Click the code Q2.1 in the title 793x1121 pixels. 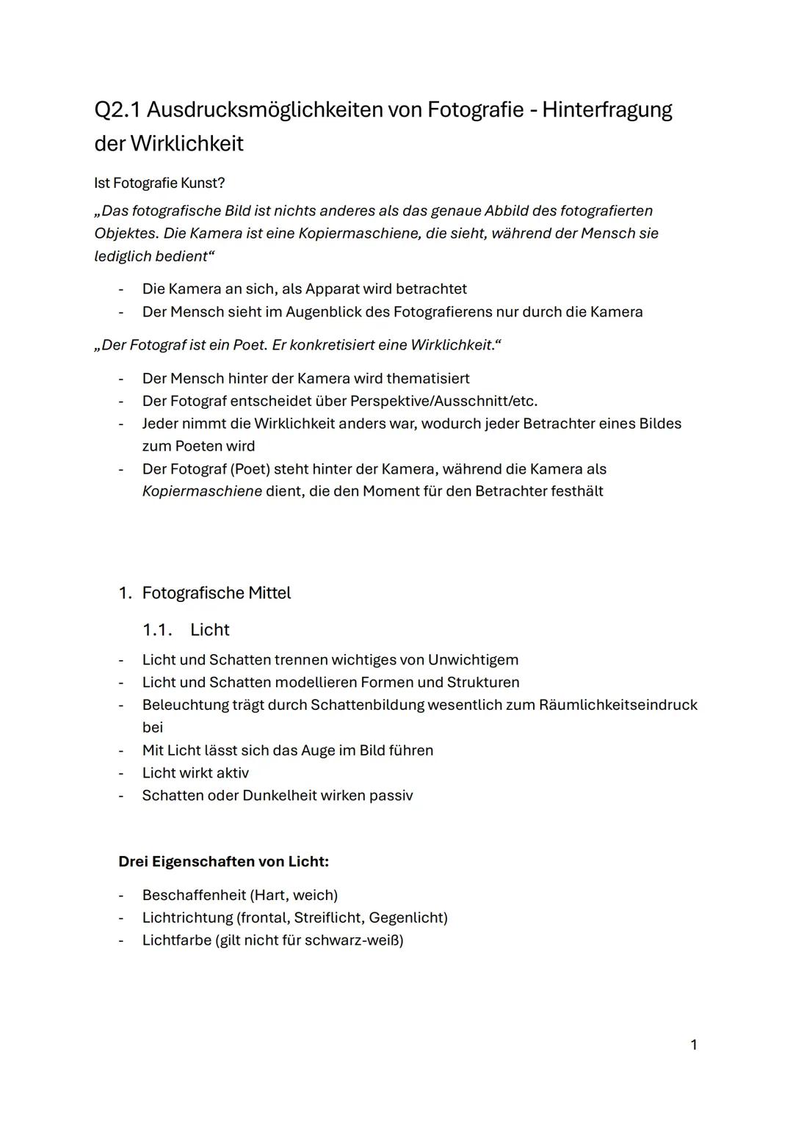(117, 110)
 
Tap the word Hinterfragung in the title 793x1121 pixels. (606, 110)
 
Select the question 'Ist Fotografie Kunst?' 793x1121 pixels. (159, 183)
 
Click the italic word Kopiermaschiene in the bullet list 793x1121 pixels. (202, 491)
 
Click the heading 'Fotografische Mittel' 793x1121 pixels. (216, 593)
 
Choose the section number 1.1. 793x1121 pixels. (156, 630)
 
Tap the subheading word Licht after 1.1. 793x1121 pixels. (210, 630)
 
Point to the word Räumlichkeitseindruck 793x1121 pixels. (618, 705)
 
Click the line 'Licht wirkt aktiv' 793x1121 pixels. (195, 773)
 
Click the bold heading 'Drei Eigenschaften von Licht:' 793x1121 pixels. (223, 862)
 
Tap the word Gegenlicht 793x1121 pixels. (408, 918)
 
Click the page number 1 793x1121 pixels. (694, 1045)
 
